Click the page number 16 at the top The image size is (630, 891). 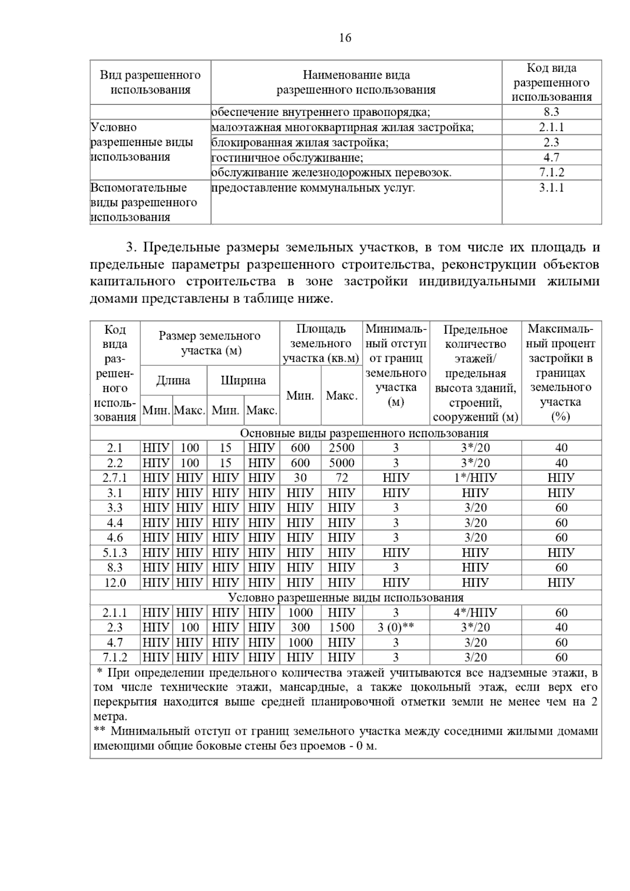coord(345,38)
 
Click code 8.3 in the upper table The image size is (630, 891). coord(551,112)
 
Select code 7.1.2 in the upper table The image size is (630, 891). coord(551,173)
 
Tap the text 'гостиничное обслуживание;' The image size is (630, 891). coord(287,157)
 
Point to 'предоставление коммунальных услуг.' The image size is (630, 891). coord(313,188)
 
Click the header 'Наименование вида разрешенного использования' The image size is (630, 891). coord(356,82)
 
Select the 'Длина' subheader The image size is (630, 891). coord(173,380)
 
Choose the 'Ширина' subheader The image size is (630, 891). coord(243,380)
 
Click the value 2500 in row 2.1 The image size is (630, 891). coord(341,448)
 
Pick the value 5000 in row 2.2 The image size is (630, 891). coord(341,463)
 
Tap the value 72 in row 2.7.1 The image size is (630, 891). coord(341,478)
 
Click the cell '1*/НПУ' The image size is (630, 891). coord(475,478)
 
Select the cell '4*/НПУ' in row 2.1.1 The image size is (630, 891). coord(475,612)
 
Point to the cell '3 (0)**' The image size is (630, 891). coord(396,628)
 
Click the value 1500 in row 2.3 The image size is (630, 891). coord(341,628)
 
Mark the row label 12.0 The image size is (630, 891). coord(115,582)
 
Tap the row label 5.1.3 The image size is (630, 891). coord(115,553)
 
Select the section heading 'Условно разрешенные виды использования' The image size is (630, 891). coord(345,598)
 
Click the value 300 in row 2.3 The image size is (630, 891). coord(300,628)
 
